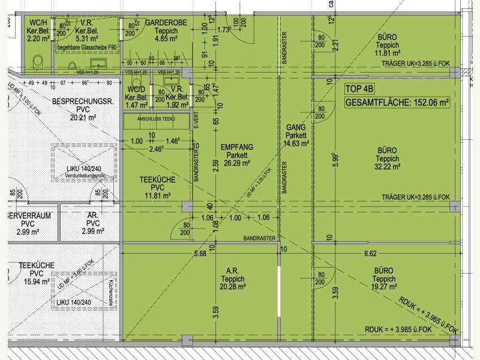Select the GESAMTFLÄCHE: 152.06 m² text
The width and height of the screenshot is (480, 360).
pos(397,103)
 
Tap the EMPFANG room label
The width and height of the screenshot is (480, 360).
pos(237,146)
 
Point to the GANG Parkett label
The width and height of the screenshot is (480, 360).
pos(296,136)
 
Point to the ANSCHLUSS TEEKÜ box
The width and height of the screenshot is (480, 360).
pos(155,119)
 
